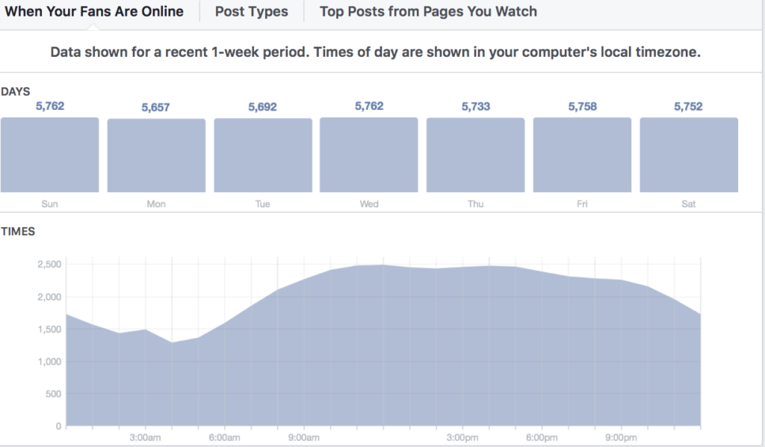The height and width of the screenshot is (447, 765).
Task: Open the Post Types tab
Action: click(251, 11)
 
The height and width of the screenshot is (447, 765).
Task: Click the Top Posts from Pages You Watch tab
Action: click(428, 11)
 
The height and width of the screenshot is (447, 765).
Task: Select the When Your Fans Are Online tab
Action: click(94, 11)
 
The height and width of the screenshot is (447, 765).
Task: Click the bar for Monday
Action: click(156, 155)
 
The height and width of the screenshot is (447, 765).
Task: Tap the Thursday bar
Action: click(476, 155)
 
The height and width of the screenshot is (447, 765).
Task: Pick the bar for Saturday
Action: click(689, 155)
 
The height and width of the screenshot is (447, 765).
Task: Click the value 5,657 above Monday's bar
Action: click(156, 108)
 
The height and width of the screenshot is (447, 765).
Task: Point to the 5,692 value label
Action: click(262, 107)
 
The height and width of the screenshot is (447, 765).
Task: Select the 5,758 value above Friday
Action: click(583, 107)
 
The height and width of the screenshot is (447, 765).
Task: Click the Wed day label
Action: click(369, 204)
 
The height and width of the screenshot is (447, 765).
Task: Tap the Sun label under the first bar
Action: click(49, 204)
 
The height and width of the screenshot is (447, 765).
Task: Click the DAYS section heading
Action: click(16, 91)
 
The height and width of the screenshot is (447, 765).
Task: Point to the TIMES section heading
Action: click(18, 232)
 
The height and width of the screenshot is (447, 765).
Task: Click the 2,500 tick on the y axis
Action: click(49, 265)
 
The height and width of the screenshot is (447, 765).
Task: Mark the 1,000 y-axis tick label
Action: click(49, 362)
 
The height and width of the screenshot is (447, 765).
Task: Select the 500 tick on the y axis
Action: click(52, 394)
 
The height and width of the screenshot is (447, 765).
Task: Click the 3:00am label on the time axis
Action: click(145, 437)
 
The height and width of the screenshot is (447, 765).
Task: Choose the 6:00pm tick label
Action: click(541, 437)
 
